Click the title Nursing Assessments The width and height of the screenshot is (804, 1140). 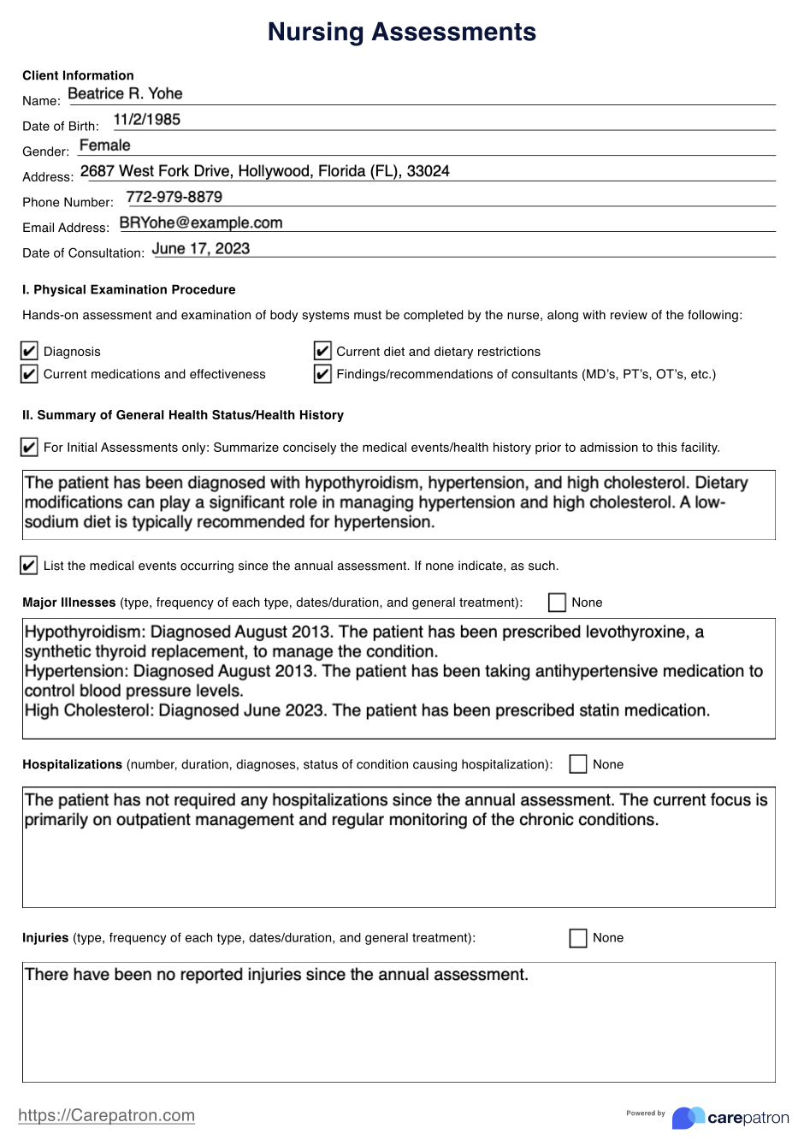pos(401,32)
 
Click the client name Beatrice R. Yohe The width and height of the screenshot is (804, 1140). pos(125,94)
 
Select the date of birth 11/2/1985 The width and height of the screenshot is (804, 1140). pos(146,120)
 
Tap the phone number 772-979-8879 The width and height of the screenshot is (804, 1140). pos(174,197)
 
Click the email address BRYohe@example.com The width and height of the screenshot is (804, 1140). pos(201,223)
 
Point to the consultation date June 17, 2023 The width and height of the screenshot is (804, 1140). pos(201,248)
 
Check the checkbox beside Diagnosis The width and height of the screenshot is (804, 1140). pos(29,352)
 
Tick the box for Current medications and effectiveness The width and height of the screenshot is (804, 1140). pos(29,374)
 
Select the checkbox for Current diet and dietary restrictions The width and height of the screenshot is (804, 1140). pos(322,352)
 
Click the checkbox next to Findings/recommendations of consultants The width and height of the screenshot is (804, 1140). pos(322,374)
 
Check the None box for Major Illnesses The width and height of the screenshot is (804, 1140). pos(557,603)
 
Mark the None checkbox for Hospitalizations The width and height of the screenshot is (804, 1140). pos(578,764)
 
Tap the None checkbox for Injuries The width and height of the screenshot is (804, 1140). pos(578,938)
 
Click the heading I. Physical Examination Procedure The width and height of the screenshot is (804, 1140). pos(128,289)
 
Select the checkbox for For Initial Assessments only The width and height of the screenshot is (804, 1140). pos(29,448)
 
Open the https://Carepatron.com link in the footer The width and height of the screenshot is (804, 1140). pos(106,1115)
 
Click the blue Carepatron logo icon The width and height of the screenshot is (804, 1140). pos(688,1118)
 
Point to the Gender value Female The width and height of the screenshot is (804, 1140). pos(104,145)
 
